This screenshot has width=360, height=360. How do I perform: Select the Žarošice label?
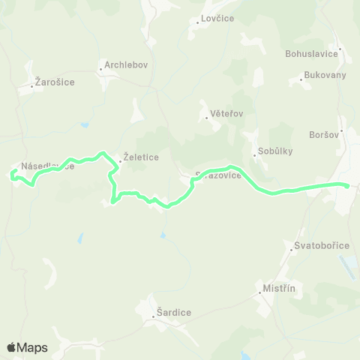tap(55, 82)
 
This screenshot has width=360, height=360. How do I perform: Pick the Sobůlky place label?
tap(274, 151)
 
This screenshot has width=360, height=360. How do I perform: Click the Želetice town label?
tap(140, 157)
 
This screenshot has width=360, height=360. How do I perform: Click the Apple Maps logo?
tap(27, 347)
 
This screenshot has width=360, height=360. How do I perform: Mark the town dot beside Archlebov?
tap(100, 70)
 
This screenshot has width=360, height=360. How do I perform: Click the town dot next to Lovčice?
tap(197, 22)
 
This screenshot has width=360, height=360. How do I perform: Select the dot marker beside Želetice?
tap(118, 158)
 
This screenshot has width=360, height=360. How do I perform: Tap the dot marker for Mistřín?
tap(259, 292)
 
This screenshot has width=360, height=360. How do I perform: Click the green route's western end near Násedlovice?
tap(13, 175)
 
